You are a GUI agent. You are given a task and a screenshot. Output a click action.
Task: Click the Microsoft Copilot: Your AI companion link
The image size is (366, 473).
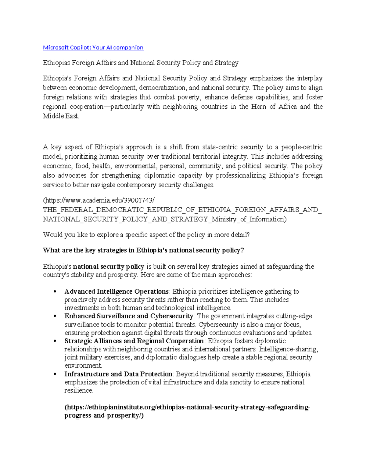point(93,48)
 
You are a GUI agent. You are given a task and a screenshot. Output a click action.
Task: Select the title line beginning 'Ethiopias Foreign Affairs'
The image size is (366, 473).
point(141,63)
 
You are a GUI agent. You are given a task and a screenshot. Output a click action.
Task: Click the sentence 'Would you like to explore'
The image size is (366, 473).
point(146,235)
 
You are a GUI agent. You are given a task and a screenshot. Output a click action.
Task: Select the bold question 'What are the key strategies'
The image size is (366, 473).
point(143,250)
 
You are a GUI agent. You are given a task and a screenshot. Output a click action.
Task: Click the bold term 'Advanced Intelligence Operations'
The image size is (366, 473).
point(117,291)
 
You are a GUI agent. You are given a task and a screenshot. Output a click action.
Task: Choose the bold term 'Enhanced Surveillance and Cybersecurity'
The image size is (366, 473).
point(129,316)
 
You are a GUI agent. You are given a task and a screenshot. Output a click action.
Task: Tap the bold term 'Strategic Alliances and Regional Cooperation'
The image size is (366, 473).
point(134,341)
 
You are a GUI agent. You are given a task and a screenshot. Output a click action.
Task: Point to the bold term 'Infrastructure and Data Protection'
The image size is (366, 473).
point(118,374)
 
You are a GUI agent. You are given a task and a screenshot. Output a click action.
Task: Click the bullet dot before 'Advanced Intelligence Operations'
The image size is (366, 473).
point(55,292)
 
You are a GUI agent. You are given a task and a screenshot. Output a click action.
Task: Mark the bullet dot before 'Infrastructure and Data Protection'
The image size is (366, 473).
point(55,374)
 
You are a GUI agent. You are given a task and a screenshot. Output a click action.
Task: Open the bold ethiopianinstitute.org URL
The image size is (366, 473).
point(187,408)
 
